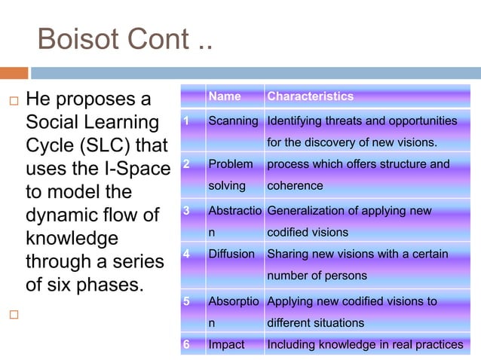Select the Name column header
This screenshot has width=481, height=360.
224,96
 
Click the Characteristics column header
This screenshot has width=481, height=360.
310,96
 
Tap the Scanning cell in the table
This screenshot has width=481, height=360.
233,121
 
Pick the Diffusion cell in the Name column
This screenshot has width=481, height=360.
231,254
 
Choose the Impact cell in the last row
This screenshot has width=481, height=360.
226,344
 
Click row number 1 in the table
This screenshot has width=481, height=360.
185,121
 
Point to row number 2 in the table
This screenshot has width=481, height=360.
185,164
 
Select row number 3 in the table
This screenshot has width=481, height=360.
185,211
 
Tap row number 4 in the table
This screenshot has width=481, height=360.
185,254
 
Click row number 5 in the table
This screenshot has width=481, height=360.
185,301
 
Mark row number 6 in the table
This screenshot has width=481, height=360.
185,344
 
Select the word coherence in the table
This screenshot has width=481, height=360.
295,185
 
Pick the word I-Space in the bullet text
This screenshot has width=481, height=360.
139,169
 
